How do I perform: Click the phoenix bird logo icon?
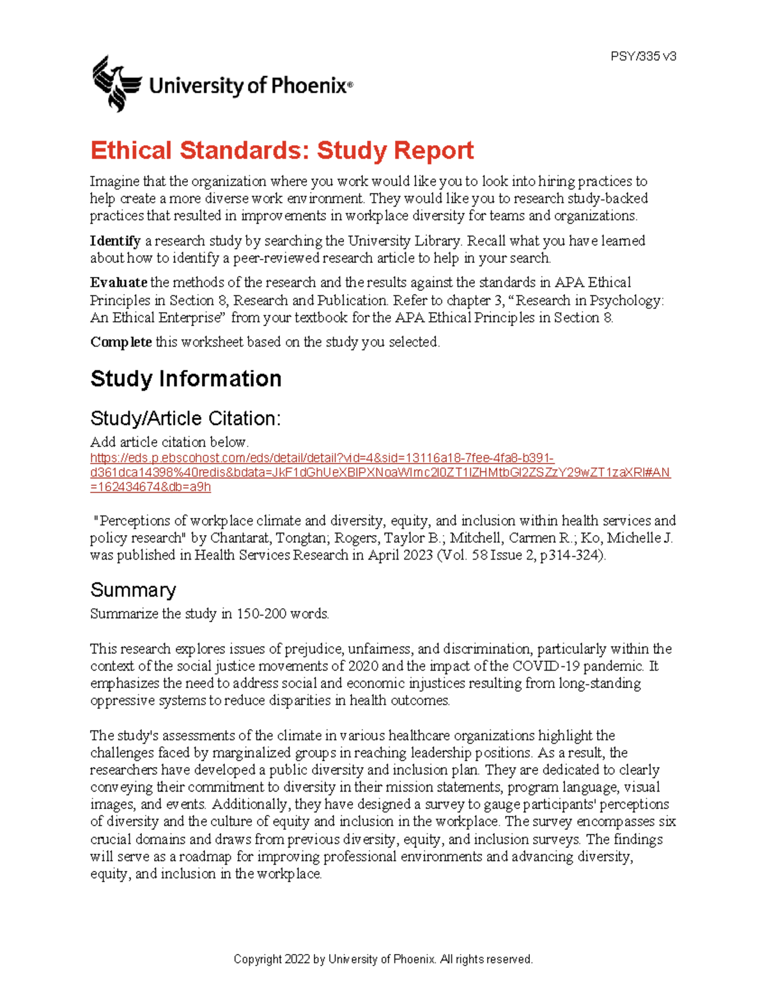tap(116, 83)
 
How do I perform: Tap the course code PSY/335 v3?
tap(643, 56)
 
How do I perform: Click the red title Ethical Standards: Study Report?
tap(282, 150)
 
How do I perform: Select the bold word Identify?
tap(115, 241)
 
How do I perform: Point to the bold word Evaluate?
tap(119, 283)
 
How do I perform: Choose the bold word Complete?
tap(121, 342)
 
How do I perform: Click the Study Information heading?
tap(185, 379)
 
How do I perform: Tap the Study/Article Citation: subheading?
tap(185, 418)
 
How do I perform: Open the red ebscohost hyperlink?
tap(380, 473)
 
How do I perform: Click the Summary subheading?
tap(133, 590)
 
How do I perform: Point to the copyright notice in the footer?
tap(383, 959)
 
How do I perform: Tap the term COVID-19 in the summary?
tap(546, 666)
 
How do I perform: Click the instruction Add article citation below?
tap(169, 442)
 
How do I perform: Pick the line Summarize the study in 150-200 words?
tap(210, 614)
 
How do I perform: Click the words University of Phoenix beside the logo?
tap(250, 86)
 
